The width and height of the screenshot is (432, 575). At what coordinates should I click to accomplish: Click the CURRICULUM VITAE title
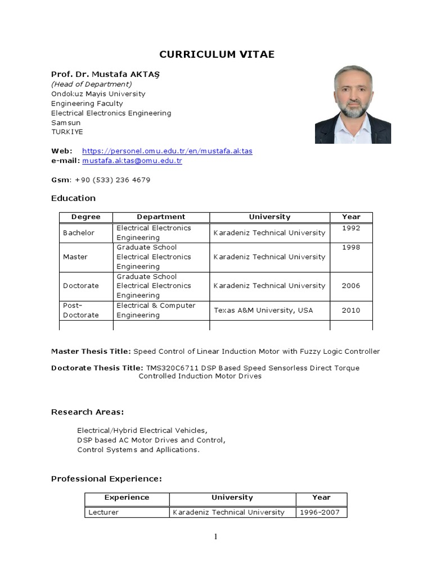(217, 54)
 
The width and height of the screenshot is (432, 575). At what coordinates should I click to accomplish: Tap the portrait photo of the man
(353, 104)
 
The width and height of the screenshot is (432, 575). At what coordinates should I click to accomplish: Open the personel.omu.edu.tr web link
(167, 151)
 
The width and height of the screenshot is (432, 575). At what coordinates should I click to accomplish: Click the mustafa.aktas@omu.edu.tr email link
(132, 161)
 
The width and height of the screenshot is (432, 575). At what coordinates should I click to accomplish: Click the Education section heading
(73, 198)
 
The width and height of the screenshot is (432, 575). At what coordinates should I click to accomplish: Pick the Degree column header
(86, 217)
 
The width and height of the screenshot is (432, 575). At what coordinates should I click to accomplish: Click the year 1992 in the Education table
(351, 228)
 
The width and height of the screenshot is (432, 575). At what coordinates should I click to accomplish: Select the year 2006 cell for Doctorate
(351, 286)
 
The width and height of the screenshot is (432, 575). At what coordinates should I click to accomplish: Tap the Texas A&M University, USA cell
(263, 311)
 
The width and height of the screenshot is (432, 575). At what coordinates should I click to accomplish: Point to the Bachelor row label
(79, 233)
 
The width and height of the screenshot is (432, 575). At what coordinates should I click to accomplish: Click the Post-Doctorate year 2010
(351, 311)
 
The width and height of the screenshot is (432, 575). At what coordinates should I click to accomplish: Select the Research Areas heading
(87, 412)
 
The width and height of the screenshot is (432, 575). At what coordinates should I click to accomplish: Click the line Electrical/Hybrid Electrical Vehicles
(142, 431)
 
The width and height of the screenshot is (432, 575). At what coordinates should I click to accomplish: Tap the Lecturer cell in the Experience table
(104, 512)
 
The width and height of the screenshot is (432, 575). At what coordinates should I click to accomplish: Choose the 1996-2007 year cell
(319, 512)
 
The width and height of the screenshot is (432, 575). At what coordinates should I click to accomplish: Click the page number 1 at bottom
(215, 537)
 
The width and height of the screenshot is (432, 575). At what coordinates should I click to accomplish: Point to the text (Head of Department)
(92, 84)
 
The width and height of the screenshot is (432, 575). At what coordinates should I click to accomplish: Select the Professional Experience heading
(106, 479)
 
